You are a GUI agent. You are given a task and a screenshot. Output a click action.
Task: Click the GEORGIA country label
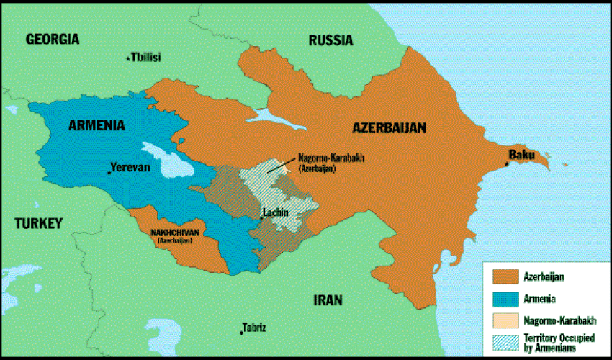[x=52, y=40]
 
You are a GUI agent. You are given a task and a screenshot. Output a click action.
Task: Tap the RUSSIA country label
[x=330, y=40]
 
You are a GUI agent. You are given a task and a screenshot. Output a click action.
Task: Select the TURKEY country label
[x=38, y=223]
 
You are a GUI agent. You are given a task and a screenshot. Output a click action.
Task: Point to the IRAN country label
[x=327, y=300]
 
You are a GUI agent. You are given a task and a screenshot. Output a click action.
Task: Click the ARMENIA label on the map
[x=96, y=125]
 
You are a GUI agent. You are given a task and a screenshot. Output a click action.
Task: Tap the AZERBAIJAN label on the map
[x=389, y=128]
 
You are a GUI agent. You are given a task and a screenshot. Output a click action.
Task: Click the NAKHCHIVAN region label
[x=179, y=233]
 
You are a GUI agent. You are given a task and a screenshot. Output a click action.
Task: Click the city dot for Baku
[x=507, y=164]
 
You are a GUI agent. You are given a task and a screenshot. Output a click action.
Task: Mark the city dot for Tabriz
[x=240, y=331]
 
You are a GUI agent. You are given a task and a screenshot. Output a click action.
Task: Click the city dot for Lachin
[x=261, y=217]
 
